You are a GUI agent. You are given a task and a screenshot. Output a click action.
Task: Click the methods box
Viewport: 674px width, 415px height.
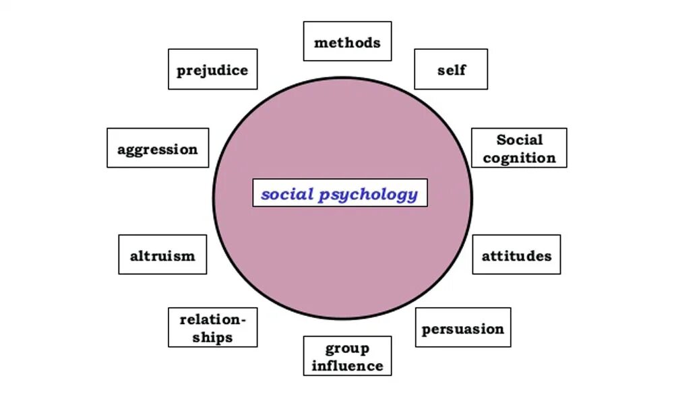coord(347,42)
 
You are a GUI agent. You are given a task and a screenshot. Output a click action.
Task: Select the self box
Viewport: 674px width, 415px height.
coord(451,69)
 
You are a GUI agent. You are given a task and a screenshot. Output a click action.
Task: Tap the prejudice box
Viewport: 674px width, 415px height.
coord(212,69)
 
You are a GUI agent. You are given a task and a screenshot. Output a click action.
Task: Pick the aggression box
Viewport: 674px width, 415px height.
coord(158,148)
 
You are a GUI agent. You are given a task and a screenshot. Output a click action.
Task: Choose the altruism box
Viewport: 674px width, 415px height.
coord(162,255)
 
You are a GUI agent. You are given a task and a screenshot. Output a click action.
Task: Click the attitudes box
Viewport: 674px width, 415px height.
coord(516,255)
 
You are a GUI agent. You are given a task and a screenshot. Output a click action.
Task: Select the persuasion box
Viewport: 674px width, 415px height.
coord(462,328)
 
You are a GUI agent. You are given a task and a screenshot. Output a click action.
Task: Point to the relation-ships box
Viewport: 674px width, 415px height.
coord(212,327)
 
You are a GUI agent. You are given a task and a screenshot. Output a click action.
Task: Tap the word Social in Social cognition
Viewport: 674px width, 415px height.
coord(520,139)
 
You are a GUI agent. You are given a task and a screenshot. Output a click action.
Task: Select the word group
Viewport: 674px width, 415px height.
coord(347,348)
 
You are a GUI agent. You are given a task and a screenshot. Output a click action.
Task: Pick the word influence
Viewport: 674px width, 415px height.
coord(347,366)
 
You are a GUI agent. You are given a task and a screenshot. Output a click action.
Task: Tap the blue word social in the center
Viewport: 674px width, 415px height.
coord(287,194)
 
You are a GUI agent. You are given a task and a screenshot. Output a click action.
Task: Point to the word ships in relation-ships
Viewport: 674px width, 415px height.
coord(212,337)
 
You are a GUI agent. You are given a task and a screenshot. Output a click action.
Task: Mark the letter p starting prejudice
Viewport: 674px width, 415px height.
coord(181,71)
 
